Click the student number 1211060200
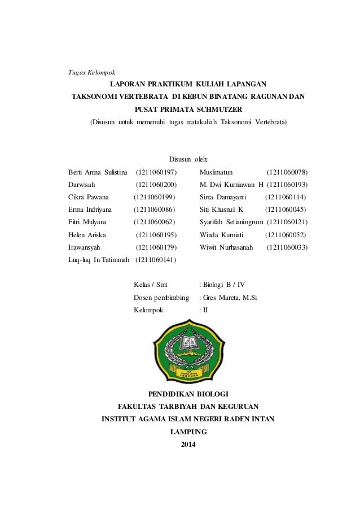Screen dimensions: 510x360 point(156,184)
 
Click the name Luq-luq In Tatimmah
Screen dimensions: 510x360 point(99,259)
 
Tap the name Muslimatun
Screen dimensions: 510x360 point(217,172)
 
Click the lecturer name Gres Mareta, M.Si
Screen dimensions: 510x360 point(230,298)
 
